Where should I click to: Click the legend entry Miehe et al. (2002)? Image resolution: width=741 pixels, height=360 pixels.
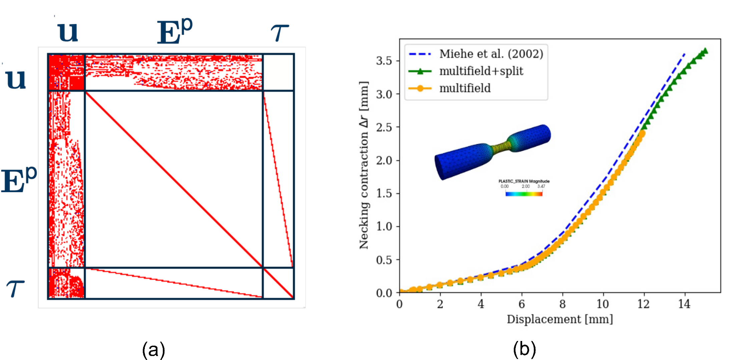(x=491, y=54)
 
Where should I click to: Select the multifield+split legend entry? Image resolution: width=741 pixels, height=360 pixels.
(x=481, y=71)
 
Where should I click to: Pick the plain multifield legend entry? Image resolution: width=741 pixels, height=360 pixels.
(x=465, y=88)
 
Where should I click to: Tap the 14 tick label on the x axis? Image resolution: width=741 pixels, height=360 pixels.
(x=684, y=304)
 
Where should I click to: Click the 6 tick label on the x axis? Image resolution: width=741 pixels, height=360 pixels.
(x=521, y=304)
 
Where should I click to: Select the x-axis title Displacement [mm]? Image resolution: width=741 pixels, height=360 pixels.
(x=560, y=319)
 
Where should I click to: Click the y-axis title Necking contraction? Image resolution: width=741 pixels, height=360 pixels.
(x=364, y=165)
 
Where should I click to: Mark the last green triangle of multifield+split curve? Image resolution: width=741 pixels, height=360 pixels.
(x=705, y=51)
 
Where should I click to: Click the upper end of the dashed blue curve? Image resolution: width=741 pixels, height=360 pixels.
(x=685, y=54)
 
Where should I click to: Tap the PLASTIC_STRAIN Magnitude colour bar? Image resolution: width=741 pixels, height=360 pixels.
(x=524, y=194)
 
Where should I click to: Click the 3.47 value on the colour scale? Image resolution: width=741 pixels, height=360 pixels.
(x=541, y=187)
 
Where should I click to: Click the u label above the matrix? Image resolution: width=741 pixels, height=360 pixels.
(x=68, y=32)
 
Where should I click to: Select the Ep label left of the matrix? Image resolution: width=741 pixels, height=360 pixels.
(x=18, y=180)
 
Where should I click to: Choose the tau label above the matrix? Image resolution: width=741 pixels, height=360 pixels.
(x=280, y=33)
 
